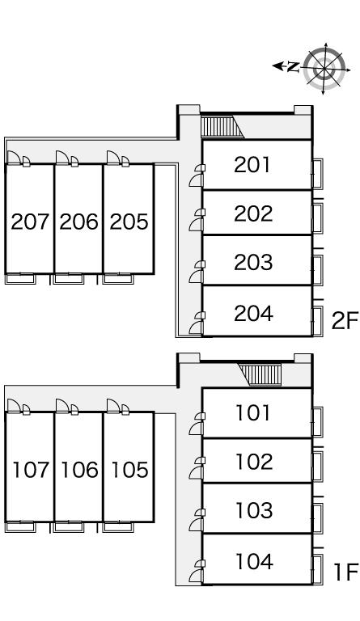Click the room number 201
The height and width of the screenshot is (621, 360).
click(x=252, y=164)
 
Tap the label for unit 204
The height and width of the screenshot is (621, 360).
click(x=253, y=313)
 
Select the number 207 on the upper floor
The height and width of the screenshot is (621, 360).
click(x=30, y=222)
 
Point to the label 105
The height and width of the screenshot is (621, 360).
click(x=129, y=469)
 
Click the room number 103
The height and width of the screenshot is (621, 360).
click(x=254, y=510)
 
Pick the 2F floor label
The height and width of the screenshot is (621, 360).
click(x=345, y=320)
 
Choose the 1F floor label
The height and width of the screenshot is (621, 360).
click(x=345, y=572)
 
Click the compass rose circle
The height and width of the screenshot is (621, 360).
click(x=324, y=69)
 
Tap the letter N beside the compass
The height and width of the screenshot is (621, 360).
click(x=293, y=67)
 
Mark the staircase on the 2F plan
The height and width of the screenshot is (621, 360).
click(x=222, y=126)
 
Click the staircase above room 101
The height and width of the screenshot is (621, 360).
click(x=261, y=374)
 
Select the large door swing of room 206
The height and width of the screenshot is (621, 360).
click(x=62, y=158)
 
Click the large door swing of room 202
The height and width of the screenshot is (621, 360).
click(x=196, y=225)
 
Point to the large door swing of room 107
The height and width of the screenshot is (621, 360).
click(x=14, y=406)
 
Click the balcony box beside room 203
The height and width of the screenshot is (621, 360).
click(x=318, y=270)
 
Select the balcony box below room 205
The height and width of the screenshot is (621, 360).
click(x=118, y=279)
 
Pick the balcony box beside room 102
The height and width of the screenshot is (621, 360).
click(x=318, y=466)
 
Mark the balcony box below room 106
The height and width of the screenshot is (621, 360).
click(x=69, y=527)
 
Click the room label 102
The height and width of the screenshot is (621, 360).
click(x=254, y=462)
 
